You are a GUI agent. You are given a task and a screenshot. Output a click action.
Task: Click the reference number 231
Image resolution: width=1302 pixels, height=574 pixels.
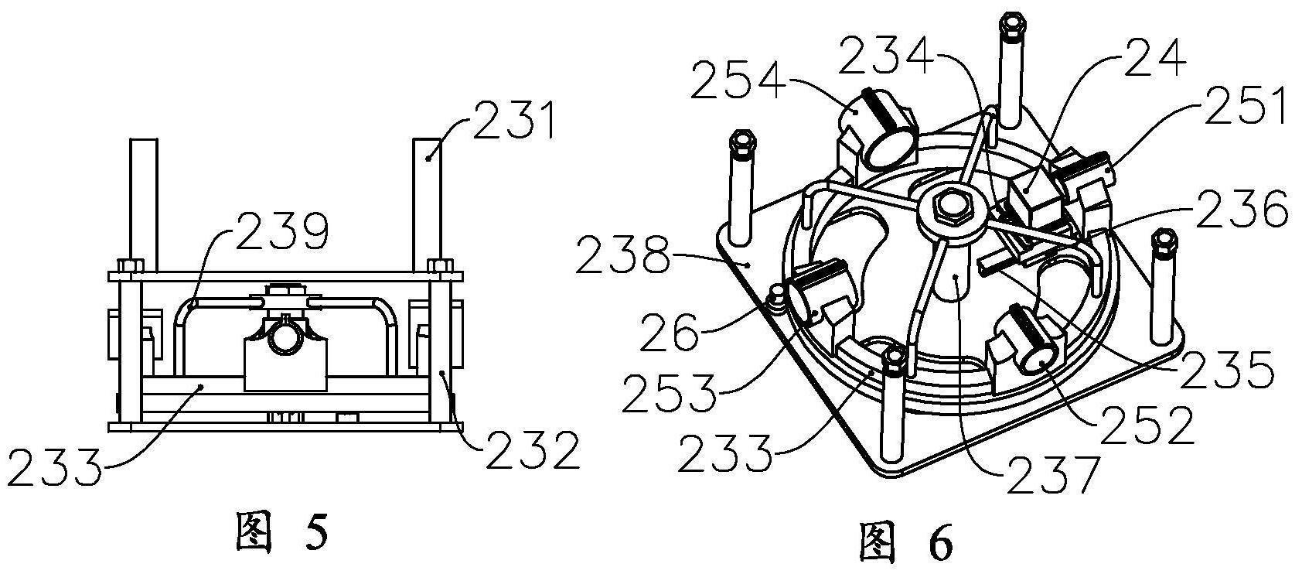click(x=515, y=121)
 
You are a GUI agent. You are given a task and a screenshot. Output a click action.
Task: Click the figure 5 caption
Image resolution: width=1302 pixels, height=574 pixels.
click(x=282, y=531)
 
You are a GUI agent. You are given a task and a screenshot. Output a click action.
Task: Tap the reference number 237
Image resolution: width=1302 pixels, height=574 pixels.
click(x=1054, y=474)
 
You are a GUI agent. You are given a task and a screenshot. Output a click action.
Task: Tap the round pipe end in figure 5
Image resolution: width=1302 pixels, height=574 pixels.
click(x=285, y=338)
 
